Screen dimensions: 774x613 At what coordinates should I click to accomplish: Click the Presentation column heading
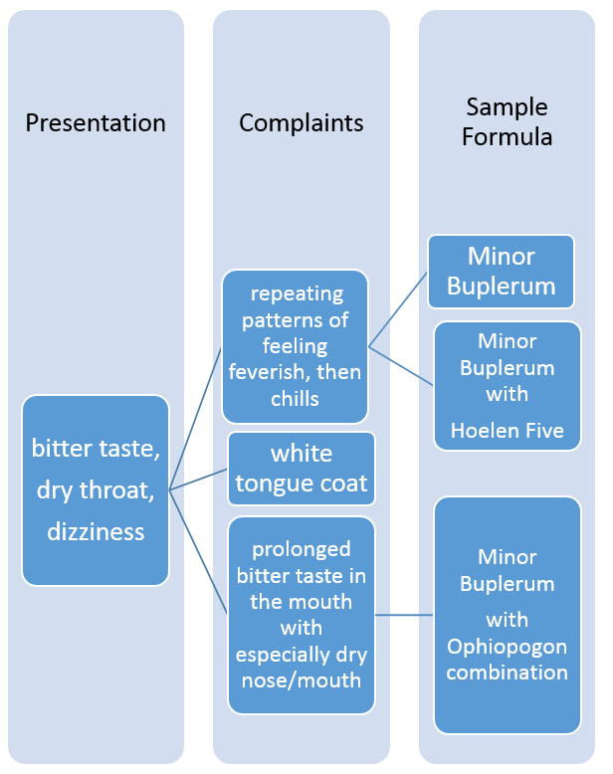pos(96,123)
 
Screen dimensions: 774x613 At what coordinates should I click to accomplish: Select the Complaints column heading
pos(301,123)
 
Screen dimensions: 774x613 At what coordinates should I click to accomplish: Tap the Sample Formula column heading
pos(507,121)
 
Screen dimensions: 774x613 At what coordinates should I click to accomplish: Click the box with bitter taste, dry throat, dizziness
pos(96,489)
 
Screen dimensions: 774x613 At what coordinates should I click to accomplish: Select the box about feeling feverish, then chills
pos(295,346)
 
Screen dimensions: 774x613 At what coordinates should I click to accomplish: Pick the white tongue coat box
pos(302,469)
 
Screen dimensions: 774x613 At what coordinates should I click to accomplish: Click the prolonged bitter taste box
pos(302,615)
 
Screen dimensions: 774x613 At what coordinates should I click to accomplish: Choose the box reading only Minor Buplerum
pos(502,271)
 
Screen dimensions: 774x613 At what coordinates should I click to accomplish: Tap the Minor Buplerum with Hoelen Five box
pos(507,386)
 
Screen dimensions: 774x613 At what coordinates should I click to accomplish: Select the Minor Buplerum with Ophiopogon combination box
pos(507,615)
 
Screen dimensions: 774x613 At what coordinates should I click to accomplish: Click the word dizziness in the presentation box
pos(96,531)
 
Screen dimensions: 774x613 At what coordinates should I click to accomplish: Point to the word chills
pos(295,399)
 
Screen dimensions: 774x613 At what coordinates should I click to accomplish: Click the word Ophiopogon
pos(507,647)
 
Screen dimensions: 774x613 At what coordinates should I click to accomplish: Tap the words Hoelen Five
pos(507,431)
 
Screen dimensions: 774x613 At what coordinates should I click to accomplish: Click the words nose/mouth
pos(302,680)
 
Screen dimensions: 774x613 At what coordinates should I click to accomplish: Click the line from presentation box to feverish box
pos(196,418)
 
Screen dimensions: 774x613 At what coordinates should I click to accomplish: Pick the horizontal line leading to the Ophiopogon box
pos(404,615)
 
